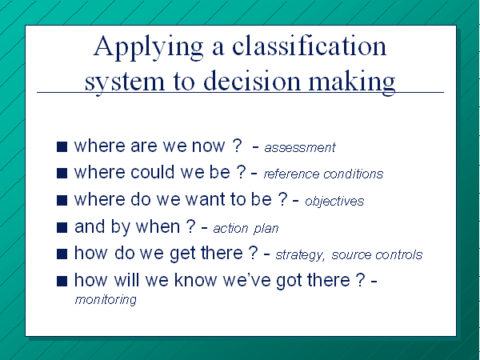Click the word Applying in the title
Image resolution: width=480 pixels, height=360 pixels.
click(148, 47)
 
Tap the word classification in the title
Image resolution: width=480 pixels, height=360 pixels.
click(309, 46)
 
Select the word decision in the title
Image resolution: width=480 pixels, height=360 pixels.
click(252, 80)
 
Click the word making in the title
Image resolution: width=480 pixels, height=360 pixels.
click(352, 82)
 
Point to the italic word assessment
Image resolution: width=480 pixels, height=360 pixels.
click(300, 147)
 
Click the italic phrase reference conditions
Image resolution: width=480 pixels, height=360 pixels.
click(323, 174)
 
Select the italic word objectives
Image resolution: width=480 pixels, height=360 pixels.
click(334, 201)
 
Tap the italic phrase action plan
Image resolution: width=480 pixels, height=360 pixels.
click(246, 228)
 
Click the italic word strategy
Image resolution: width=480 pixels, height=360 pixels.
click(300, 255)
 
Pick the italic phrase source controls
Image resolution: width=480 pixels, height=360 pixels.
click(377, 254)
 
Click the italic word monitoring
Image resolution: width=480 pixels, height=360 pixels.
click(106, 300)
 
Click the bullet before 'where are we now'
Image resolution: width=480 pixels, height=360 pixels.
click(62, 146)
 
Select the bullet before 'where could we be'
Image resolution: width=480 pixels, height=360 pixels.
click(62, 174)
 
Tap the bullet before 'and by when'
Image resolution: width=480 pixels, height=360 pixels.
click(62, 227)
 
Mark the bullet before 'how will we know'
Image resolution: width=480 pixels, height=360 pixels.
click(62, 281)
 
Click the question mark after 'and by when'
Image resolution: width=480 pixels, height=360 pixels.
click(190, 226)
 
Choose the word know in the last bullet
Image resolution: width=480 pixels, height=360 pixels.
click(195, 280)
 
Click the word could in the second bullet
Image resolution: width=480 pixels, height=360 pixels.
click(153, 172)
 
